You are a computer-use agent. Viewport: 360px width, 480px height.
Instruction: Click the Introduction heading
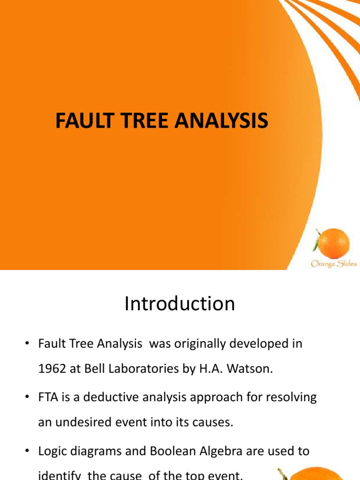click(x=180, y=304)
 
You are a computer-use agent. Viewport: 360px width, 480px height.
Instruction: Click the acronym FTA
click(x=48, y=397)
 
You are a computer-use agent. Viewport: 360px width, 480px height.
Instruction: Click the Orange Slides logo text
click(x=333, y=264)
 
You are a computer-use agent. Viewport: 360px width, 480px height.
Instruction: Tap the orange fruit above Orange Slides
click(x=333, y=243)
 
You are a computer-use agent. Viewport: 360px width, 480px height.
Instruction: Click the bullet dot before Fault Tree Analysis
click(x=28, y=345)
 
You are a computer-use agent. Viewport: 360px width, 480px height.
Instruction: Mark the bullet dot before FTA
click(x=28, y=398)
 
